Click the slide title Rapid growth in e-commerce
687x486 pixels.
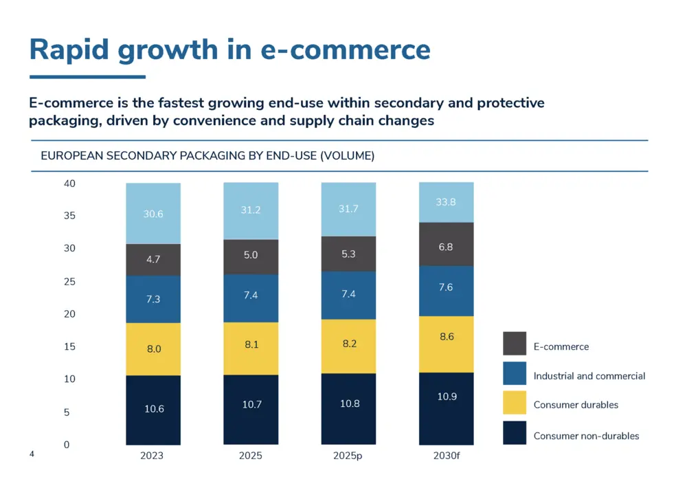[x=229, y=49]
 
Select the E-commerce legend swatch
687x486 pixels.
[x=515, y=344]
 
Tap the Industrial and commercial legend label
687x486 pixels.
[x=589, y=376]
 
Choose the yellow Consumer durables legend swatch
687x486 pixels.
[x=515, y=403]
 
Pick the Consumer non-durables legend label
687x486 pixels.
[x=586, y=436]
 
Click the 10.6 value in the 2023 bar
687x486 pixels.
[x=153, y=409]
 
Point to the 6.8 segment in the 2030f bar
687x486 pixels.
[x=446, y=247]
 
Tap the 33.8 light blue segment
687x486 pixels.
[x=446, y=202]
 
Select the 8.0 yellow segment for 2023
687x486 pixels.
[x=153, y=349]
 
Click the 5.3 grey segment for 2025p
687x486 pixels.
[x=349, y=254]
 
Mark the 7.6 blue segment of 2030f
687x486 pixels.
[x=446, y=287]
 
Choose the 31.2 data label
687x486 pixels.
[x=251, y=210]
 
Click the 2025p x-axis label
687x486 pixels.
[x=349, y=456]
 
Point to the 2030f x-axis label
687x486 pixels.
[x=446, y=456]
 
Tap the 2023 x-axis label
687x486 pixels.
[x=152, y=456]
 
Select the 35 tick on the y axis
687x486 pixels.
[x=69, y=216]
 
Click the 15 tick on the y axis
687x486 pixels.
[x=69, y=347]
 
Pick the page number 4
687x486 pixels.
[x=32, y=454]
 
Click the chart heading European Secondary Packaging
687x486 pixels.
[x=207, y=156]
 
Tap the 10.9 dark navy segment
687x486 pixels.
[x=446, y=397]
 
